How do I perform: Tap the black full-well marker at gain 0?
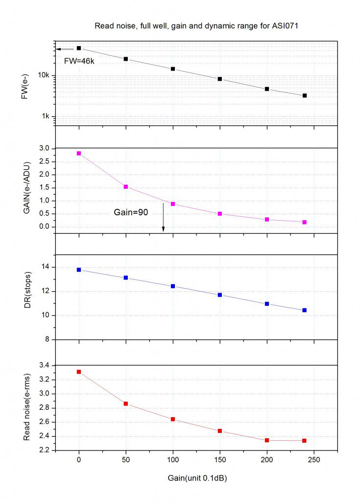coord(79,48)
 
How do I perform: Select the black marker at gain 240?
coord(305,96)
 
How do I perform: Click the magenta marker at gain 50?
coord(126,187)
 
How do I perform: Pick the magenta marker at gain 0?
coord(79,153)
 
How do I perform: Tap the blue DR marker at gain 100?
coord(173,286)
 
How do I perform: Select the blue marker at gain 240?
coord(305,310)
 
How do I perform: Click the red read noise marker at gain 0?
coord(79,372)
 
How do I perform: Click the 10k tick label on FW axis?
coord(44,75)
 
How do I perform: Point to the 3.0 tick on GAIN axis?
coord(45,148)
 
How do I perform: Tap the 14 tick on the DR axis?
coord(47,267)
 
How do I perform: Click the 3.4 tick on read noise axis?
coord(45,365)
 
